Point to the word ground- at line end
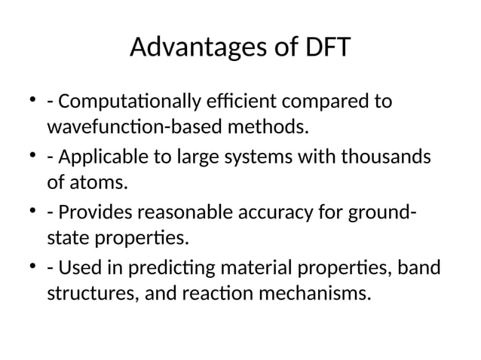(x=378, y=215)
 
